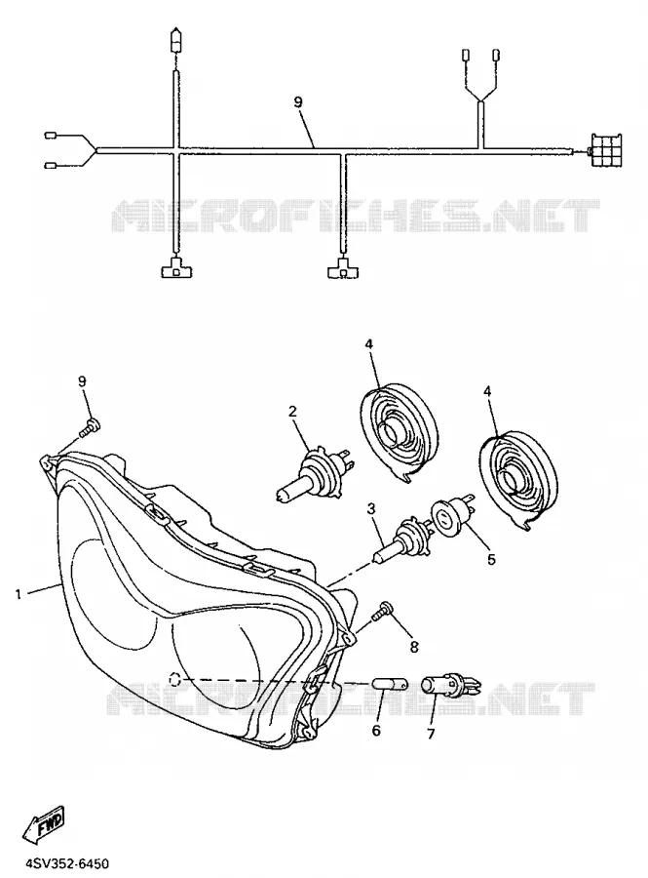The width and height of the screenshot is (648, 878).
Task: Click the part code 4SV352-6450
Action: (57, 863)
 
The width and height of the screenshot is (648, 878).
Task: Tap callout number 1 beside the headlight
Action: (19, 594)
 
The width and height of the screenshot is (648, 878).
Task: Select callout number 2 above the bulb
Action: (292, 412)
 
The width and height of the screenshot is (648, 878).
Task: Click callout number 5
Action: (491, 559)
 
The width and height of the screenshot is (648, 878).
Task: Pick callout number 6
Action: (376, 731)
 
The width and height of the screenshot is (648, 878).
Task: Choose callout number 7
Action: (431, 734)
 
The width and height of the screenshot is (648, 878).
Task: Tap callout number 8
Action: (414, 648)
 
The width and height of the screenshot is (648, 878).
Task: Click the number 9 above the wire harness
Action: (298, 101)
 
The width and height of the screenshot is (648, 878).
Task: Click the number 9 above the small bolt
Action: (82, 381)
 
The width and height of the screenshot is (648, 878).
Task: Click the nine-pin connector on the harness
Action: (605, 150)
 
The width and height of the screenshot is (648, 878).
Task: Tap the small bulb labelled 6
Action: (390, 684)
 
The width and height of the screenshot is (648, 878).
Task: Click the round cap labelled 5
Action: (448, 517)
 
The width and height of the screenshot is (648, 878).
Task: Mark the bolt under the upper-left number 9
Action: (91, 428)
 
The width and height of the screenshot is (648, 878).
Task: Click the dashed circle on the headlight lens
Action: (175, 679)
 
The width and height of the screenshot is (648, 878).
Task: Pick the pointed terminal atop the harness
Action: (176, 40)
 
